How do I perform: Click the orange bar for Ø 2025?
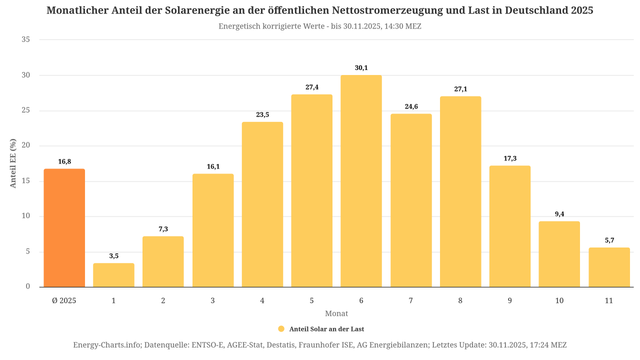(x=64, y=228)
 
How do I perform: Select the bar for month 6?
(x=361, y=181)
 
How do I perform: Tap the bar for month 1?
(x=114, y=275)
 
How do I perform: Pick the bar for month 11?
(x=609, y=267)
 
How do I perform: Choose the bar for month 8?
(x=460, y=191)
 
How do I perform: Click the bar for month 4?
(x=262, y=204)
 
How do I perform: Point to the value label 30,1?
(x=361, y=68)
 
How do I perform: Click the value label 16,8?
(x=64, y=161)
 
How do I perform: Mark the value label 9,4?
(x=559, y=214)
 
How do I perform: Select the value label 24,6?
(x=411, y=107)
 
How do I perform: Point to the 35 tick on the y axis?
(x=26, y=40)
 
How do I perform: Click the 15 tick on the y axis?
(x=26, y=181)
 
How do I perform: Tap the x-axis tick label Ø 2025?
(x=64, y=299)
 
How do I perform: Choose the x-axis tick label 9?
(x=510, y=299)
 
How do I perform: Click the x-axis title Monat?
(x=336, y=313)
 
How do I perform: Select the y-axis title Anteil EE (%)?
(x=12, y=164)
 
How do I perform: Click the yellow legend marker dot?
(x=282, y=328)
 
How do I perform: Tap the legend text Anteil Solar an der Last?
(x=325, y=328)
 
